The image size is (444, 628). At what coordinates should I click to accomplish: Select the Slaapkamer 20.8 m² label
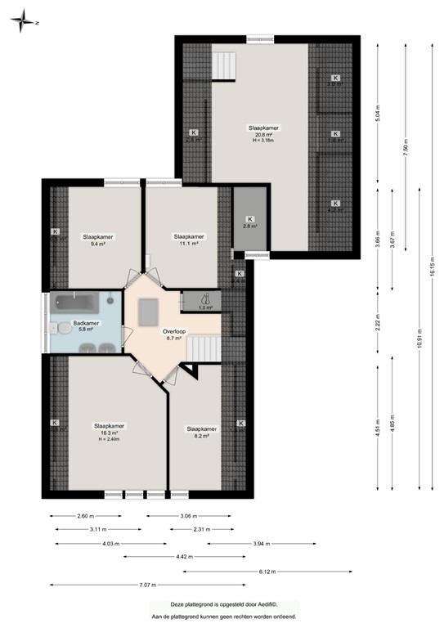[x=263, y=133]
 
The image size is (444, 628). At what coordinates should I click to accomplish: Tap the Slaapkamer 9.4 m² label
[x=97, y=240]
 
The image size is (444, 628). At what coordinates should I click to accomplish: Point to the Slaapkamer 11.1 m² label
[x=189, y=240]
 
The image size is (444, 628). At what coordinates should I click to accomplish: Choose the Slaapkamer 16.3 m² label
[x=109, y=431]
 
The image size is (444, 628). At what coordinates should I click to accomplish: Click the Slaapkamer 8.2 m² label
[x=201, y=432]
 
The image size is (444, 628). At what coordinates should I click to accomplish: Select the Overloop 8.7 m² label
[x=174, y=334]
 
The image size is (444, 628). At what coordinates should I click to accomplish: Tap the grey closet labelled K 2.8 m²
[x=250, y=222]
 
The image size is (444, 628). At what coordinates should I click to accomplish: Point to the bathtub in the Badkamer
[x=77, y=302]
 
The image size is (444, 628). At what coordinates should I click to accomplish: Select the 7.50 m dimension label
[x=406, y=150]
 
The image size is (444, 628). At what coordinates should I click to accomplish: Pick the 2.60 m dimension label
[x=85, y=516]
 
